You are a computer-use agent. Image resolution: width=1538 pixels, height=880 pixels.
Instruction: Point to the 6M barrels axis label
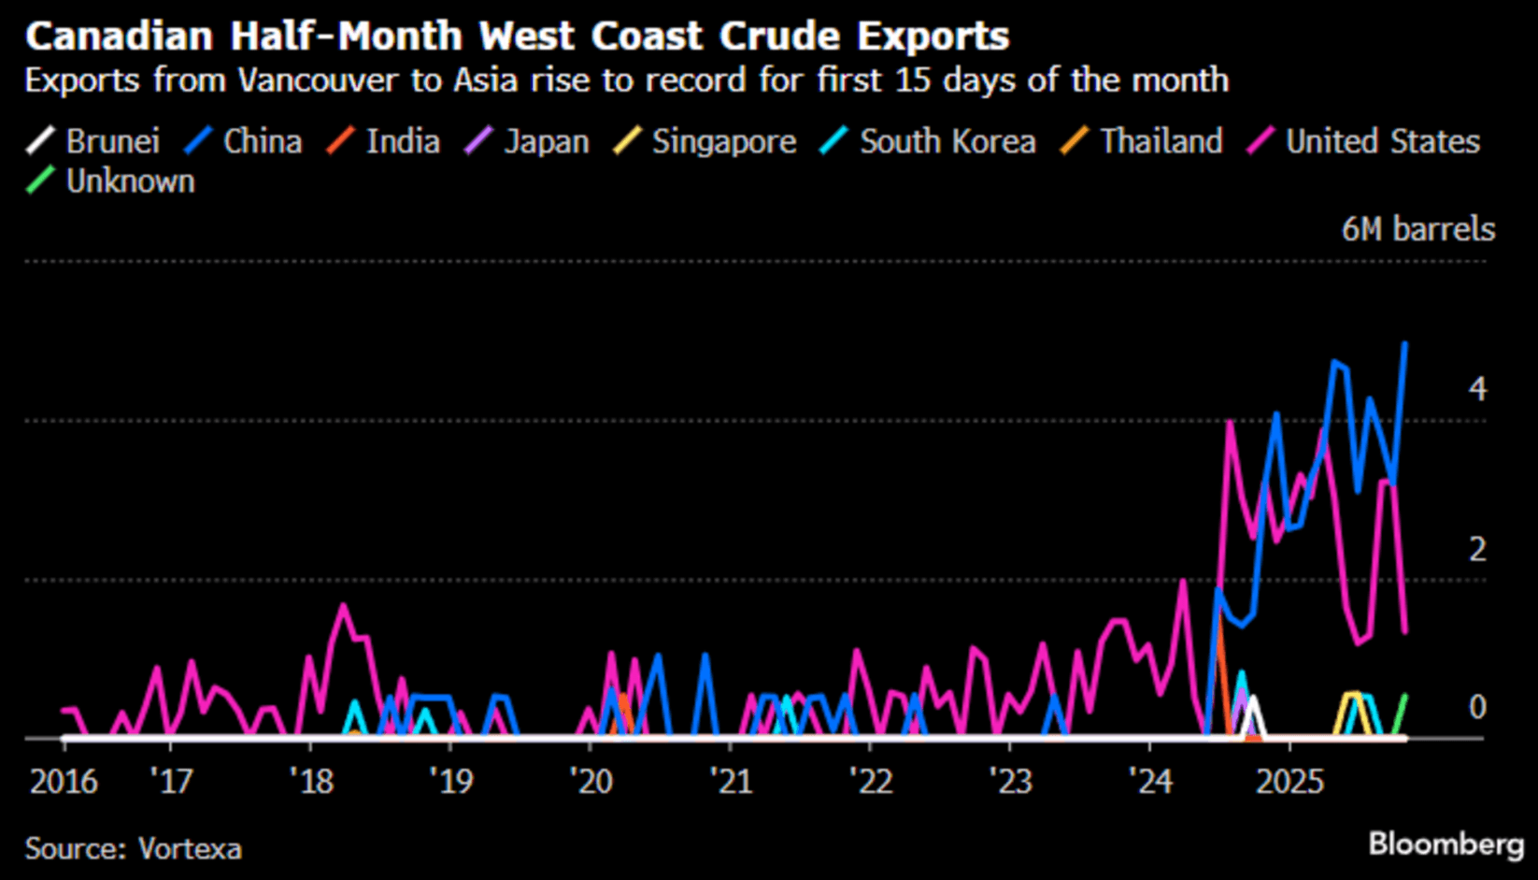pyautogui.click(x=1417, y=229)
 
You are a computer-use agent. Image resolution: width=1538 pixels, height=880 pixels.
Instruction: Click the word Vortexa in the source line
pyautogui.click(x=190, y=848)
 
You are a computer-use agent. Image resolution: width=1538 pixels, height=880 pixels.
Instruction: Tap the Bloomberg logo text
pyautogui.click(x=1445, y=844)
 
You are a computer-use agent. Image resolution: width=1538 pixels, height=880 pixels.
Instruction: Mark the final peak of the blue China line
pyautogui.click(x=1405, y=344)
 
